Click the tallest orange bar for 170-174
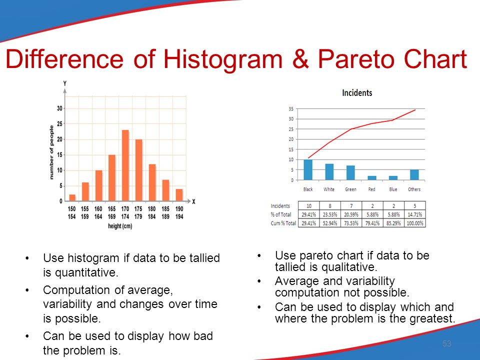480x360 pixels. pyautogui.click(x=125, y=165)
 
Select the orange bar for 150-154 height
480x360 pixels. pyautogui.click(x=72, y=198)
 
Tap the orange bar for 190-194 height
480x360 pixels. pyautogui.click(x=179, y=195)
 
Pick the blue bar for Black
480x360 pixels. pyautogui.click(x=308, y=169)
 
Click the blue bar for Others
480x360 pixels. pyautogui.click(x=414, y=175)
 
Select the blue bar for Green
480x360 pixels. pyautogui.click(x=350, y=172)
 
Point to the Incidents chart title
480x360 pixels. pyautogui.click(x=357, y=93)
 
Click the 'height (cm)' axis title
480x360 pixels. pyautogui.click(x=120, y=226)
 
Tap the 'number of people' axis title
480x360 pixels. pyautogui.click(x=51, y=152)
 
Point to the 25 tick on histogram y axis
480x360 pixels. pyautogui.click(x=59, y=123)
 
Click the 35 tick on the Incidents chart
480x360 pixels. pyautogui.click(x=291, y=108)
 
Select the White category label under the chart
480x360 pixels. pyautogui.click(x=329, y=189)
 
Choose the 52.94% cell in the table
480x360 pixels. pyautogui.click(x=330, y=223)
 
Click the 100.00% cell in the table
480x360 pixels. pyautogui.click(x=415, y=223)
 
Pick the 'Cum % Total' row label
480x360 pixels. pyautogui.click(x=283, y=223)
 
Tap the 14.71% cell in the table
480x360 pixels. pyautogui.click(x=415, y=214)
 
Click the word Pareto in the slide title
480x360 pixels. pyautogui.click(x=356, y=59)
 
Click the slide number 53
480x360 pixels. pyautogui.click(x=446, y=343)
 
